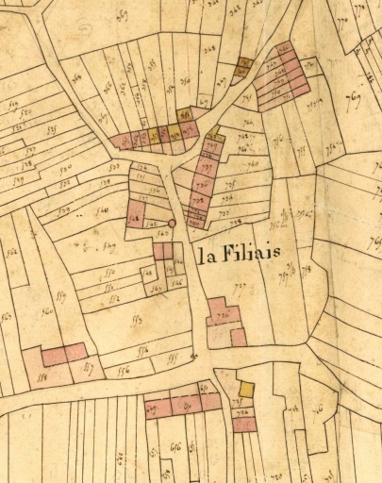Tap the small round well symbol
172,224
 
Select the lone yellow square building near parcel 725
246,389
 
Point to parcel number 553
136,320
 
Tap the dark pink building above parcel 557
64,355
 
